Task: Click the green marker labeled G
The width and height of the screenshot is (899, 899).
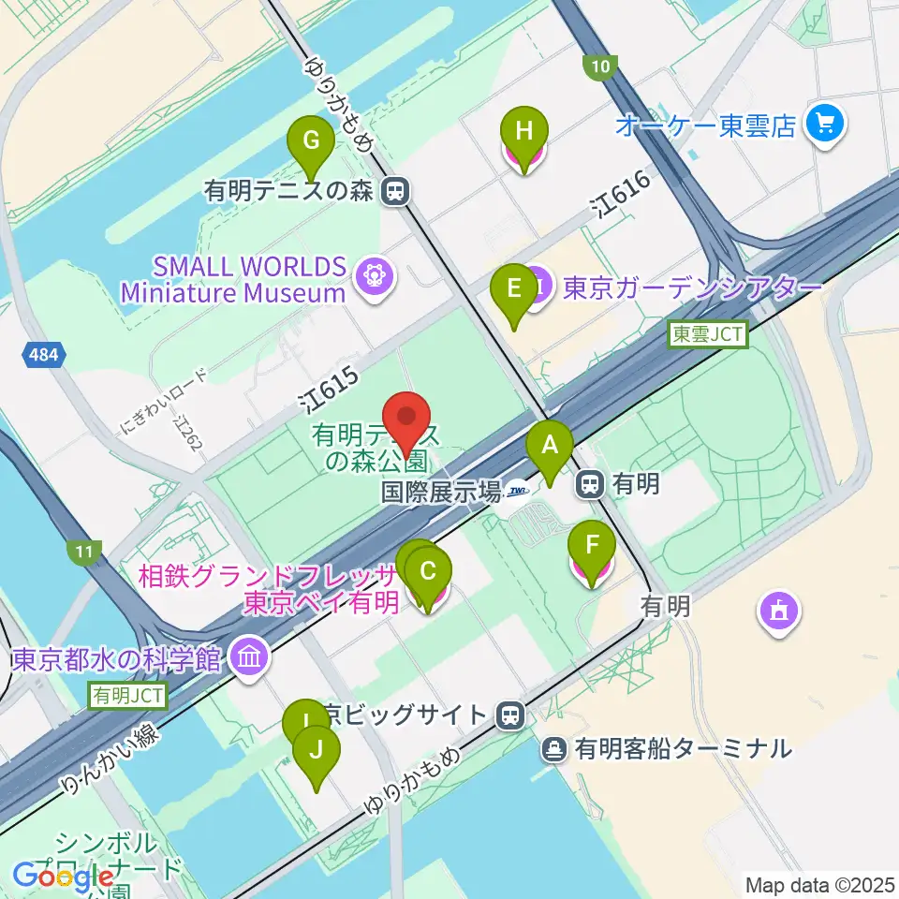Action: coord(313,142)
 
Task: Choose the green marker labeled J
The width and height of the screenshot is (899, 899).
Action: coord(317,751)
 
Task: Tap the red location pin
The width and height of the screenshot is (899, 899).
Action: coord(407,416)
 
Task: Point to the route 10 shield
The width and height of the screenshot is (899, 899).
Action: coord(600,66)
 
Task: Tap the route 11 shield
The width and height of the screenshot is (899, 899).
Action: coord(84,553)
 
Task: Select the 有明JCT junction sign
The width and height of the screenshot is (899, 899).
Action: coord(128,695)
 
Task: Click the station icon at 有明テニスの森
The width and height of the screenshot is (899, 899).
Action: coord(397,192)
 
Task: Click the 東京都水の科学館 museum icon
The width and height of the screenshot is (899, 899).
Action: coord(249,657)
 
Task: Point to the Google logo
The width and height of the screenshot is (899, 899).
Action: coord(62,876)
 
